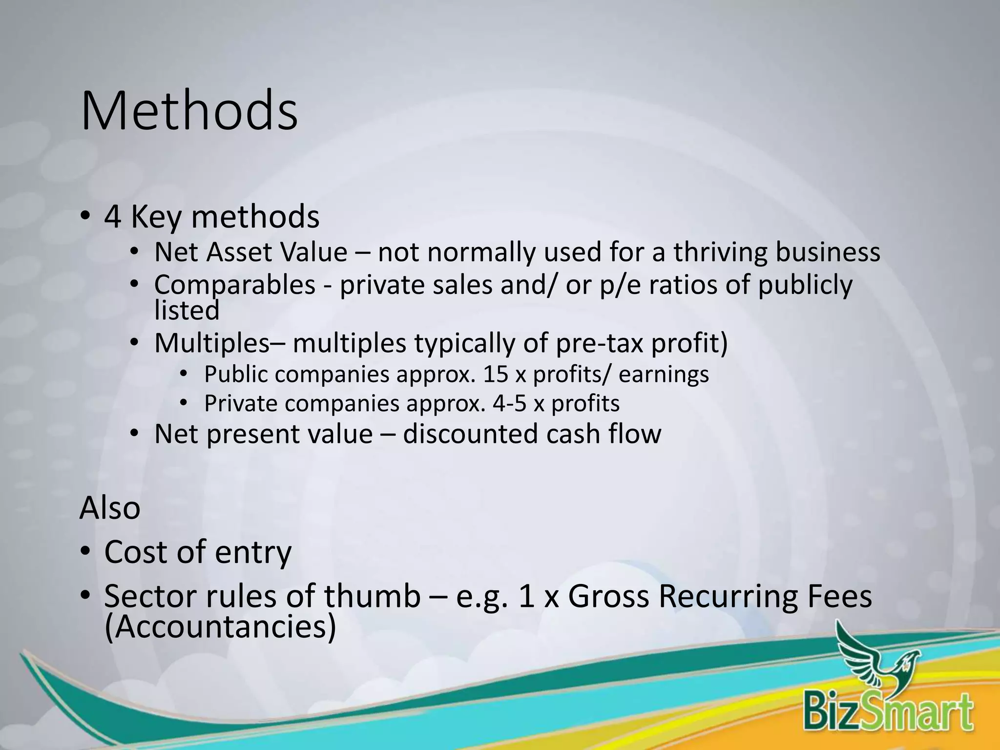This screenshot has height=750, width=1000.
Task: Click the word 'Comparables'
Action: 235,285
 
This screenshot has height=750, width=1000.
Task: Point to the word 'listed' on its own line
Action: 187,311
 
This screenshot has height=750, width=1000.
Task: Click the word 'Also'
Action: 110,508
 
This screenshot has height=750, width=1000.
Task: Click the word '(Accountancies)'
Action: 220,627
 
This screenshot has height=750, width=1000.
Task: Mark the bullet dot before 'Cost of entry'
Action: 85,552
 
